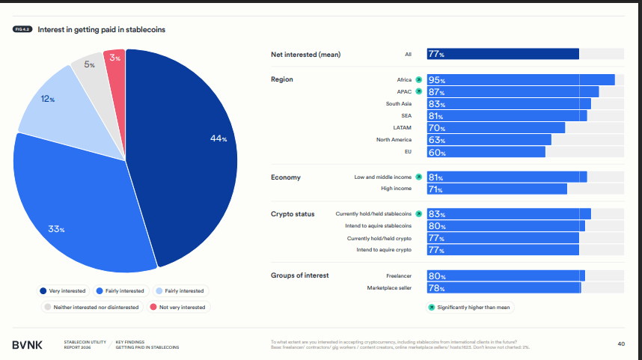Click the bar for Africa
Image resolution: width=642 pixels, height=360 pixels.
521,79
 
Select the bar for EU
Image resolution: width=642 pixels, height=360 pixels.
486,152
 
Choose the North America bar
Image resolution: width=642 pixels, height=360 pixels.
489,140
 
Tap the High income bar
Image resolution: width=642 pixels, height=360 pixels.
497,189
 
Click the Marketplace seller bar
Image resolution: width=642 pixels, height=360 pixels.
504,288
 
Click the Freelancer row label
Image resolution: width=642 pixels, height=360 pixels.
398,275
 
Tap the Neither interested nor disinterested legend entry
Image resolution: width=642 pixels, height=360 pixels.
91,307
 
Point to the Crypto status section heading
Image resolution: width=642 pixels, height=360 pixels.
293,214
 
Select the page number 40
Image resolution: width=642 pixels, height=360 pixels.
621,344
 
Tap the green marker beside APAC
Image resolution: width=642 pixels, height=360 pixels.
419,91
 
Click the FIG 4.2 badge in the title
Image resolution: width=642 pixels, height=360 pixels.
22,29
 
